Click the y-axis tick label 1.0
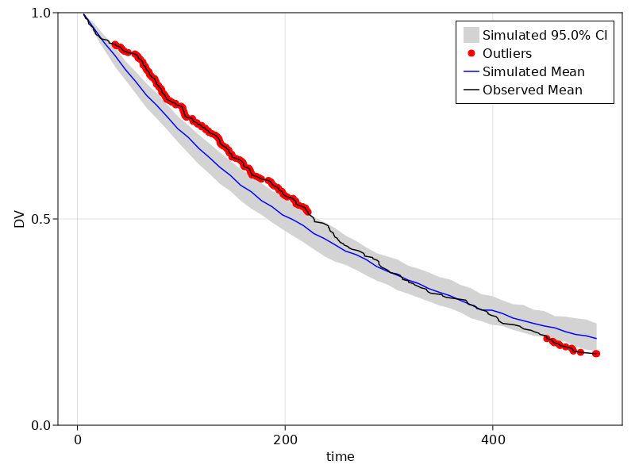(41, 13)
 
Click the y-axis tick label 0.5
(41, 219)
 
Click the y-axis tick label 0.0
(41, 425)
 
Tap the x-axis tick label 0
(78, 440)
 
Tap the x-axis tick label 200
(285, 440)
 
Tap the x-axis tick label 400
(492, 440)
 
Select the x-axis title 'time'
(340, 457)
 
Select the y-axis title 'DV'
(20, 219)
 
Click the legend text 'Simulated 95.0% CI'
(545, 35)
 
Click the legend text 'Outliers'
(507, 53)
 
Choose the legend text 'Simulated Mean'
(533, 71)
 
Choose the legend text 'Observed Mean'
(533, 90)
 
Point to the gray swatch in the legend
(471, 35)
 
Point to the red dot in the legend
(471, 53)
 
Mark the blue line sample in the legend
(471, 71)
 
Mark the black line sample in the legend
(471, 90)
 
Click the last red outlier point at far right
(596, 354)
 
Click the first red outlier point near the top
(115, 44)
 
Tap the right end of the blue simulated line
(596, 339)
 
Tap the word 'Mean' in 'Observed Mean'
(564, 90)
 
